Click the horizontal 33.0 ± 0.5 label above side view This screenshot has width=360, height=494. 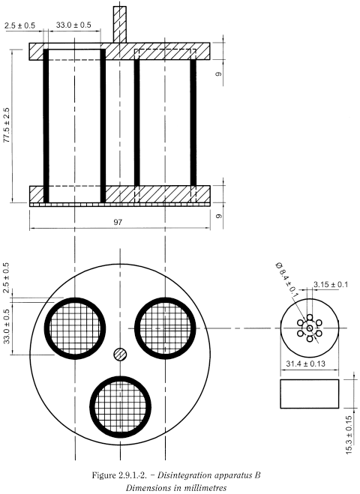click(x=73, y=25)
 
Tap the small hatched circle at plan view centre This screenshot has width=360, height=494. click(x=120, y=355)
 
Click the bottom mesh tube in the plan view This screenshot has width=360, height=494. click(x=120, y=402)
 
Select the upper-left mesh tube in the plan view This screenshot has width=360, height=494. click(x=74, y=327)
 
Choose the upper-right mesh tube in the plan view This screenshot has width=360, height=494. click(x=163, y=327)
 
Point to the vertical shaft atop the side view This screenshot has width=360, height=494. click(x=120, y=24)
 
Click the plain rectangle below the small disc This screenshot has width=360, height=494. click(x=310, y=394)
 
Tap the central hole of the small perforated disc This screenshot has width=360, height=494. click(x=310, y=328)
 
